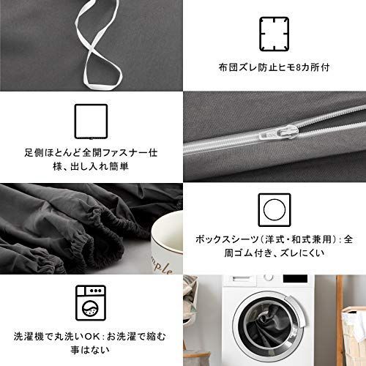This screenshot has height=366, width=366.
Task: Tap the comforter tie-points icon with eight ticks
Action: (x=274, y=34)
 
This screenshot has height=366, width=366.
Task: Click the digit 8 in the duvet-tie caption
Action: (x=298, y=67)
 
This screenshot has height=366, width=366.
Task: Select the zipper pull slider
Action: (x=288, y=132)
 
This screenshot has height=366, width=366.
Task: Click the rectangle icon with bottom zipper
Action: (x=91, y=122)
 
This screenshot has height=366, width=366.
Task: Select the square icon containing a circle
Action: (x=274, y=210)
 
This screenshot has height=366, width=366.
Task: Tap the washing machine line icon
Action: (x=91, y=303)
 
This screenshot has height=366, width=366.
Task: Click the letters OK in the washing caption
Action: (x=92, y=337)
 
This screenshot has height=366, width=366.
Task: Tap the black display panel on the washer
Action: (x=295, y=279)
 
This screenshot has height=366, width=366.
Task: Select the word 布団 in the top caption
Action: (x=228, y=67)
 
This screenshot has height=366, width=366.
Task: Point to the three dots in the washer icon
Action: (x=96, y=291)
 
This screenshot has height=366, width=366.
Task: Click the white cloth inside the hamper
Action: (x=354, y=327)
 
